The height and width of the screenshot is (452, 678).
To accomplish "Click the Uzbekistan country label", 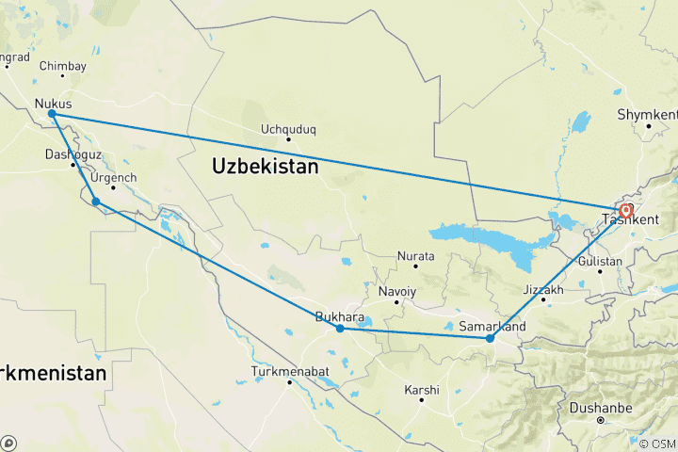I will [x=266, y=166].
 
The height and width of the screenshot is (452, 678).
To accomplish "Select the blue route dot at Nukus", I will [x=52, y=114].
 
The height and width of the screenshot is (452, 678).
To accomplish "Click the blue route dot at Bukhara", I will [x=340, y=329].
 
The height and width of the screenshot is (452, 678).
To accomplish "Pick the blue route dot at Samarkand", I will [x=490, y=338].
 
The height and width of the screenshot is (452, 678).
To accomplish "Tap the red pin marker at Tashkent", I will [x=625, y=210].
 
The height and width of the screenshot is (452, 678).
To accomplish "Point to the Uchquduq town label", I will [x=288, y=129].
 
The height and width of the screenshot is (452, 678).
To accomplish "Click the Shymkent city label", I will [x=647, y=114].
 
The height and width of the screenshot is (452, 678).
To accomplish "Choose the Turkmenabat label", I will [x=290, y=372].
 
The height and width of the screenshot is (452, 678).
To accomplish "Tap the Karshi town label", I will [x=421, y=389].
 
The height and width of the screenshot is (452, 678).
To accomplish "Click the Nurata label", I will [x=415, y=256].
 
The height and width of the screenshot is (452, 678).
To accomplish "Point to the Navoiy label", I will [x=396, y=292].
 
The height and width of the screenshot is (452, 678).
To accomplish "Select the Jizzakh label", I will [x=543, y=290].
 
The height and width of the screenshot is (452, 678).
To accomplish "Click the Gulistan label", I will [x=600, y=261].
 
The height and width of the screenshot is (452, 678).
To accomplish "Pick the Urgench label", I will [x=116, y=178].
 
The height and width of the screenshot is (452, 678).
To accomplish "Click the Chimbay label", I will [x=63, y=66].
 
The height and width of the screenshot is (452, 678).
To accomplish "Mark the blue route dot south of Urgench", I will [x=96, y=201].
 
